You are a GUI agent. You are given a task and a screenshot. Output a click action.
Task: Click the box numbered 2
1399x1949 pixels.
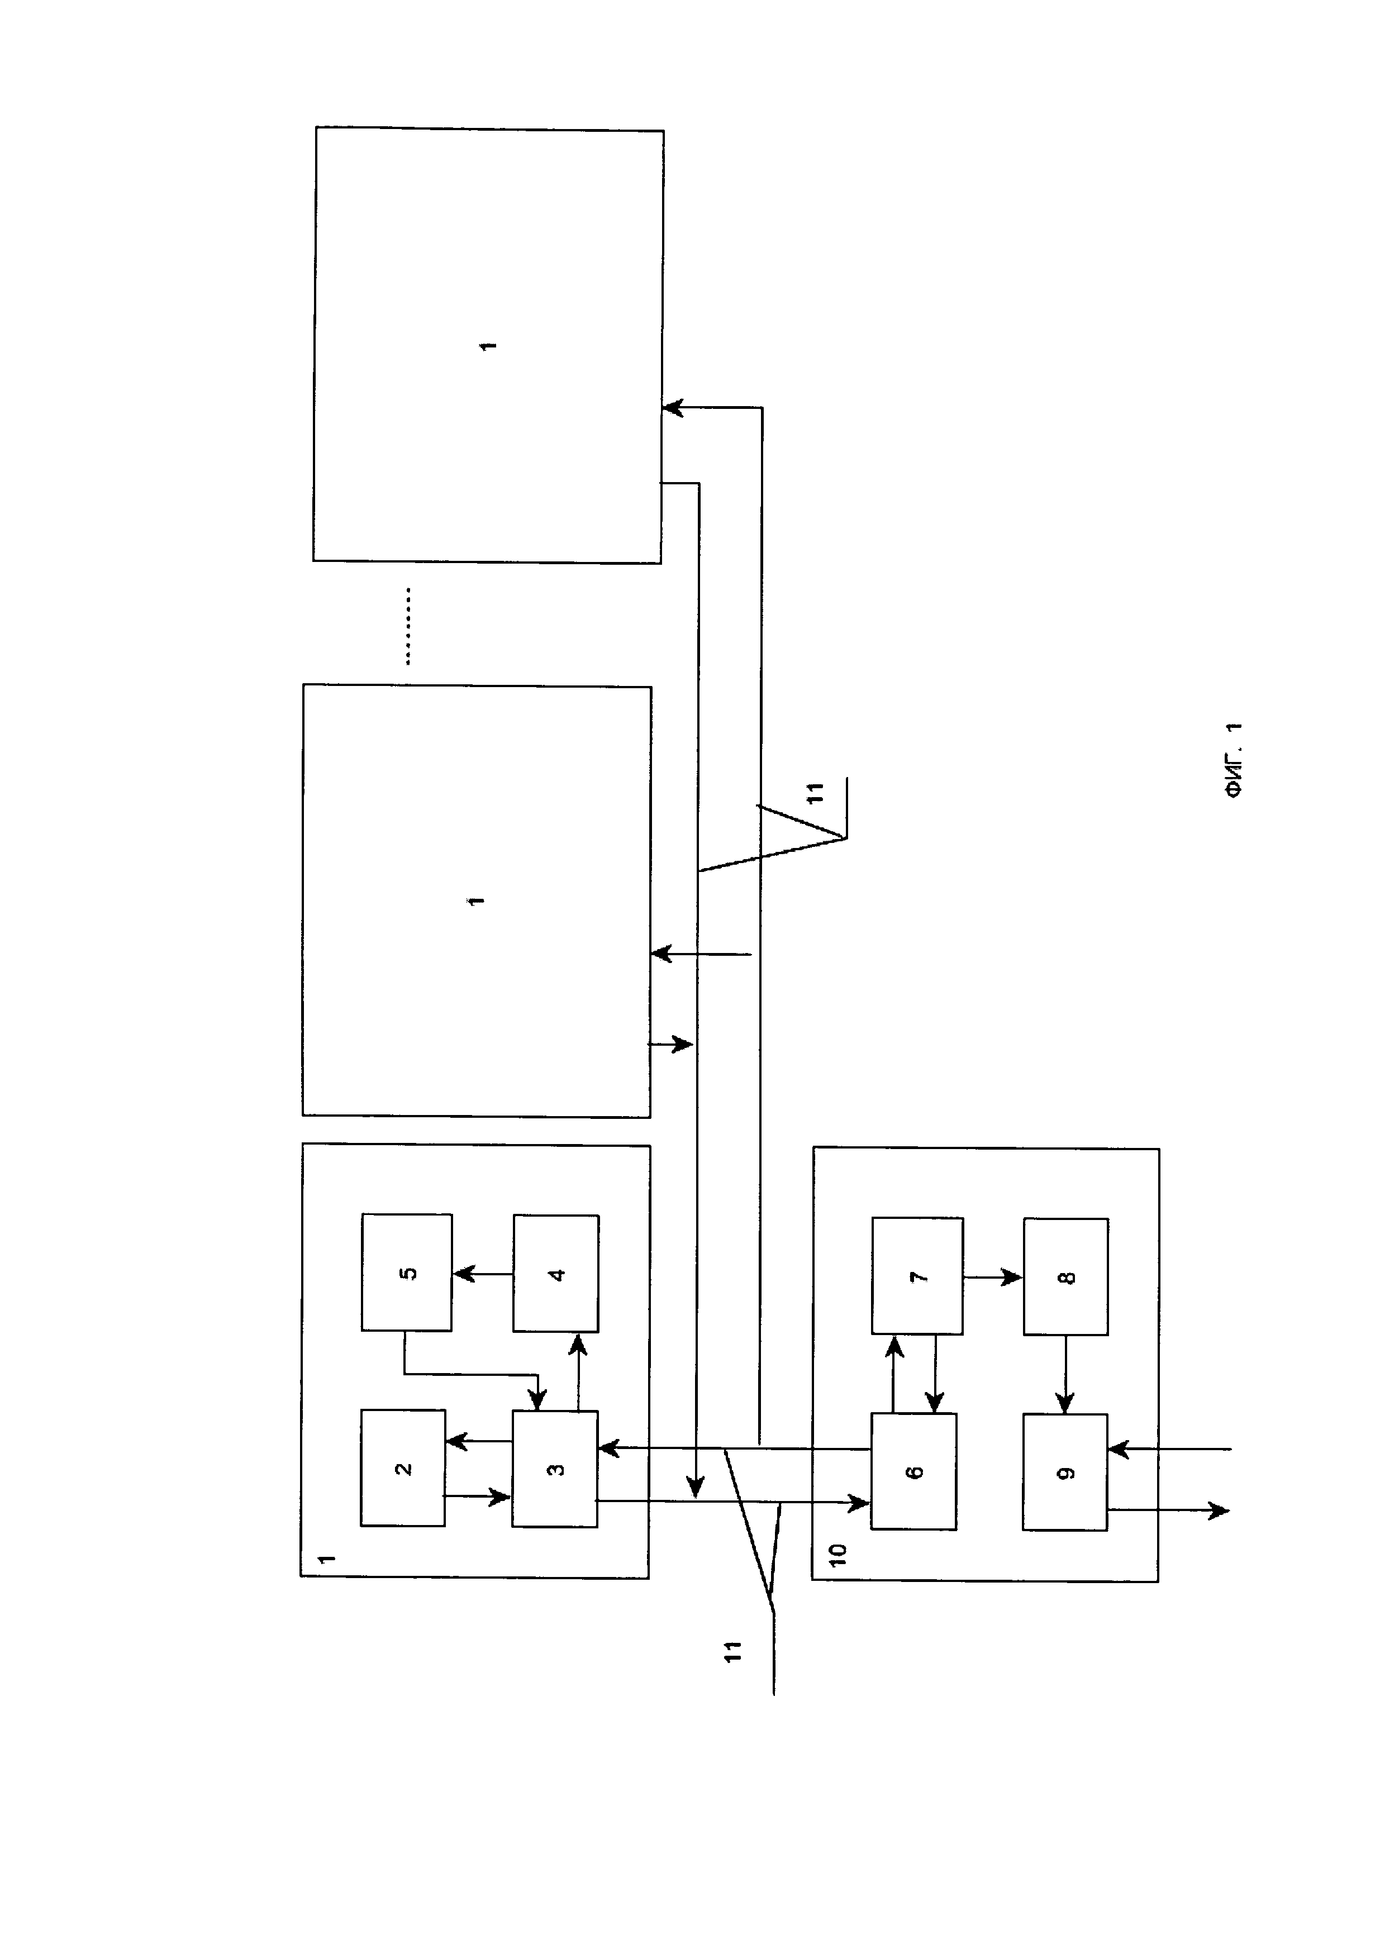(x=403, y=1468)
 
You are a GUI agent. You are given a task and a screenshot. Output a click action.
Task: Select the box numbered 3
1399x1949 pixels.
(x=555, y=1469)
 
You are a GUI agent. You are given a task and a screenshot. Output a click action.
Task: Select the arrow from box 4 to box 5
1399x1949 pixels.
(x=482, y=1274)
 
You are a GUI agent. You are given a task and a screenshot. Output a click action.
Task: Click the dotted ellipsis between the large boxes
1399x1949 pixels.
(x=408, y=626)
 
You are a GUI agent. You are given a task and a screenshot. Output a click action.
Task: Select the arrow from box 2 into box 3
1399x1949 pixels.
(x=478, y=1497)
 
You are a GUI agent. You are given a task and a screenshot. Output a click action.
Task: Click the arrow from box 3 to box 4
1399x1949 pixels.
(x=578, y=1371)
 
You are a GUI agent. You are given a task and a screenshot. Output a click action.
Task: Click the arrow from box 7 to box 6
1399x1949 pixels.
(x=935, y=1373)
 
